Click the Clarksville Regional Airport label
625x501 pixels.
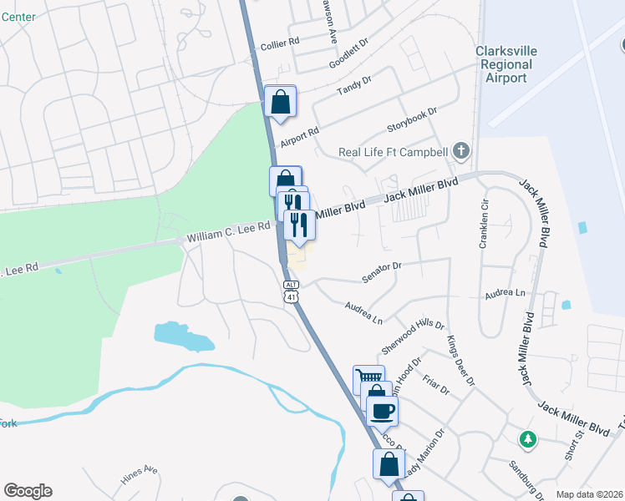click(506, 64)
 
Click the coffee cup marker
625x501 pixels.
click(382, 411)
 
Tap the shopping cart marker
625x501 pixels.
click(368, 380)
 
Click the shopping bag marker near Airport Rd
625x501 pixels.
click(281, 102)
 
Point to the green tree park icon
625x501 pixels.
click(527, 439)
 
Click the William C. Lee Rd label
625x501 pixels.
click(228, 232)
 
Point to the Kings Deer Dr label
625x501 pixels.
click(460, 360)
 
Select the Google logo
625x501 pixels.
click(28, 491)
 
